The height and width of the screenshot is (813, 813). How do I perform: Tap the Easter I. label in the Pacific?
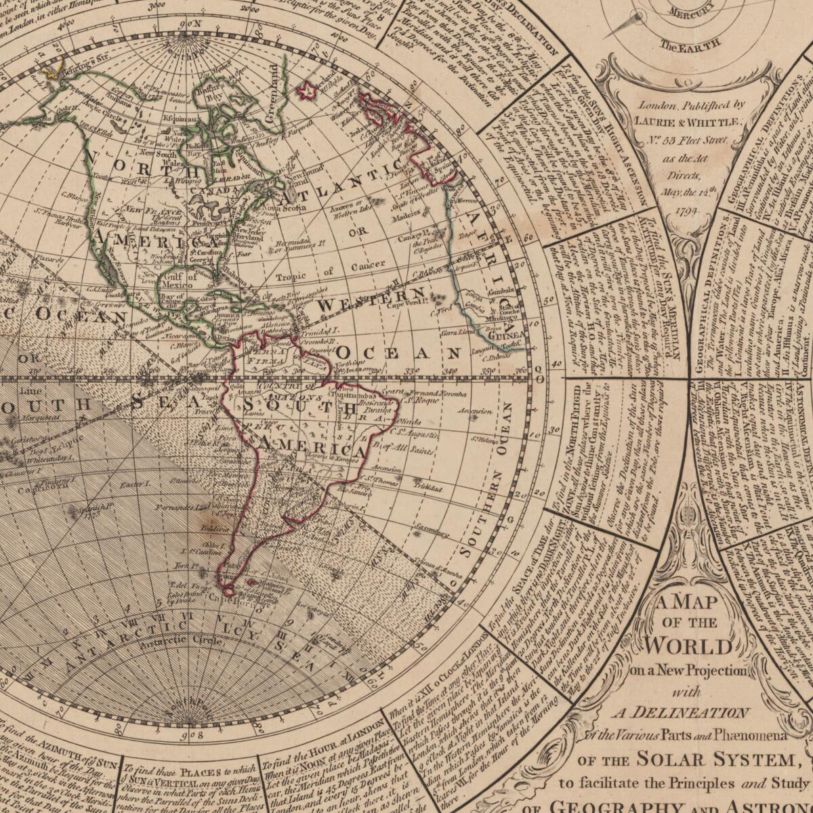click(133, 484)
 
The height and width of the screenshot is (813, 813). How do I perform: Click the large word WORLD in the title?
click(690, 645)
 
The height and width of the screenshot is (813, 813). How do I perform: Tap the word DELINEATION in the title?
click(680, 712)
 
